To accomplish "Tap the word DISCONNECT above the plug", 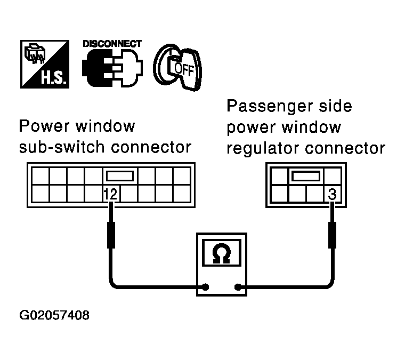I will click(112, 43).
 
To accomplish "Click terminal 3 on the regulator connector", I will click(331, 195).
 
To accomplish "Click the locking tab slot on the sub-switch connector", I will click(120, 175).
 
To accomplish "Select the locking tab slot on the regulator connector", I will click(304, 175).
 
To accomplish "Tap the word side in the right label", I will click(333, 106).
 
